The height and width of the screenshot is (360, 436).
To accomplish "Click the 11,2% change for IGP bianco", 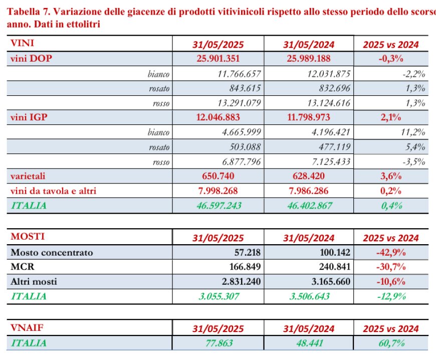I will (x=413, y=132).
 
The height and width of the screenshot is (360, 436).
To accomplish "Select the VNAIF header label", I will (x=27, y=328).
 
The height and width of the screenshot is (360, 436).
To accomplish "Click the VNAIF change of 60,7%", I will (x=391, y=343).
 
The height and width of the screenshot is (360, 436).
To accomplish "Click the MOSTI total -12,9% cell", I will (x=391, y=296).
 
